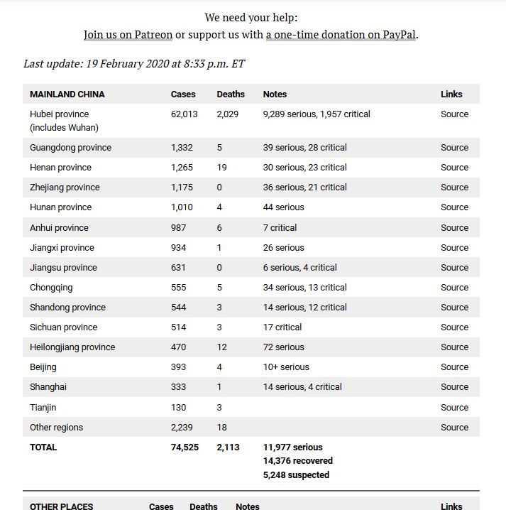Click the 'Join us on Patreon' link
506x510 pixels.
point(128,34)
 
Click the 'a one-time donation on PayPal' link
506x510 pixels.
point(341,34)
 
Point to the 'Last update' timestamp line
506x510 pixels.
point(134,63)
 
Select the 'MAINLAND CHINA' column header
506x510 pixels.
point(67,94)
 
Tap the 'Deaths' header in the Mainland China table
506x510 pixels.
point(231,94)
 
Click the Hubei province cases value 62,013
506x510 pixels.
point(185,114)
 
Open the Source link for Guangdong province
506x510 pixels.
point(454,148)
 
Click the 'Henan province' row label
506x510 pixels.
point(60,168)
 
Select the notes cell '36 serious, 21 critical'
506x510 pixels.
point(304,188)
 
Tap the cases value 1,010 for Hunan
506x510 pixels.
point(182,207)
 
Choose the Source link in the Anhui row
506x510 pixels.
point(454,228)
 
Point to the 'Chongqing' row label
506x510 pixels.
point(51,288)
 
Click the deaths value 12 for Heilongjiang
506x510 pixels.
point(222,347)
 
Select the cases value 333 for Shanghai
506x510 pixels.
point(178,387)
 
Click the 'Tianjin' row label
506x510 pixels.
point(43,408)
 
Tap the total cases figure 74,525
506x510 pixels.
point(185,447)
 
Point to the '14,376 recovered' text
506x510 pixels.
point(297,461)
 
